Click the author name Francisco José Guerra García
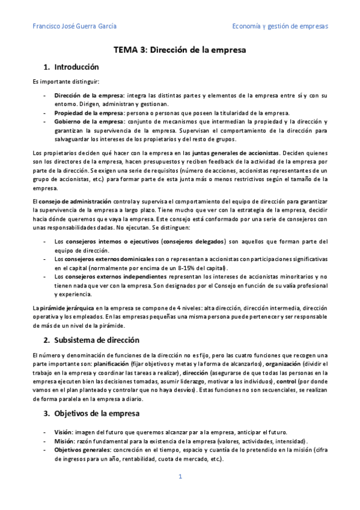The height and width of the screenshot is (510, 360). pyautogui.click(x=75, y=26)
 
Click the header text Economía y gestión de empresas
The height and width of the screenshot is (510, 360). pyautogui.click(x=280, y=26)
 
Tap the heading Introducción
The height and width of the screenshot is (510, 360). pyautogui.click(x=76, y=67)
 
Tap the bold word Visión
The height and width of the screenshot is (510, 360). pyautogui.click(x=63, y=432)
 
